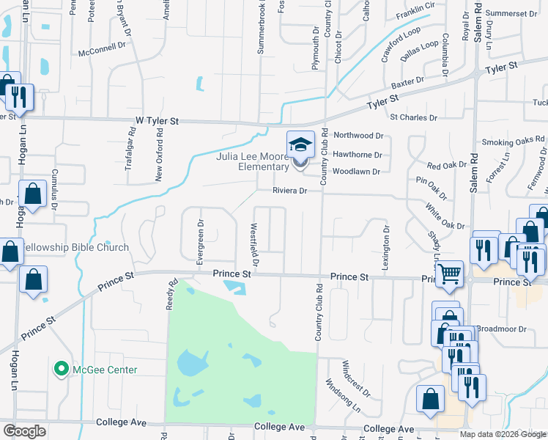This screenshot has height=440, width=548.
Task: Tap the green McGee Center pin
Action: tap(62, 369)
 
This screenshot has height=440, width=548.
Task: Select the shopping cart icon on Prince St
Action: tap(450, 275)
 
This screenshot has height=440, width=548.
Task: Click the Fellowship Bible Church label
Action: tap(75, 248)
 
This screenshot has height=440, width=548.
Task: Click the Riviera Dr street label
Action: tap(289, 190)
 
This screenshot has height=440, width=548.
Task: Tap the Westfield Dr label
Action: tap(255, 246)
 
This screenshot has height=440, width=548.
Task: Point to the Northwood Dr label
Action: tap(358, 136)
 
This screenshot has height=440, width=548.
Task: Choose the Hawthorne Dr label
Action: tap(358, 155)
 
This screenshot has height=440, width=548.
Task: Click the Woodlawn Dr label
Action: tap(356, 172)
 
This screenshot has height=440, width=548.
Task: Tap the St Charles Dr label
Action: tap(413, 117)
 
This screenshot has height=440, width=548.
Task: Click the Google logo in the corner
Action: tap(23, 431)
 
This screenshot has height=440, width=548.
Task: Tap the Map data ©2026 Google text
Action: tap(503, 434)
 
